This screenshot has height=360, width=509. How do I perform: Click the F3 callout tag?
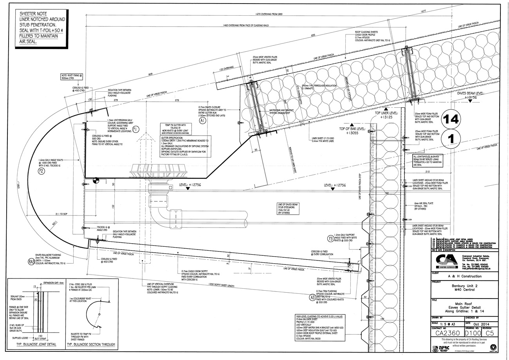tap(331, 238)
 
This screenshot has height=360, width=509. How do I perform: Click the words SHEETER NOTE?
tap(35, 13)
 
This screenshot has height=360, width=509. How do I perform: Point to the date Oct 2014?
tap(478, 324)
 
